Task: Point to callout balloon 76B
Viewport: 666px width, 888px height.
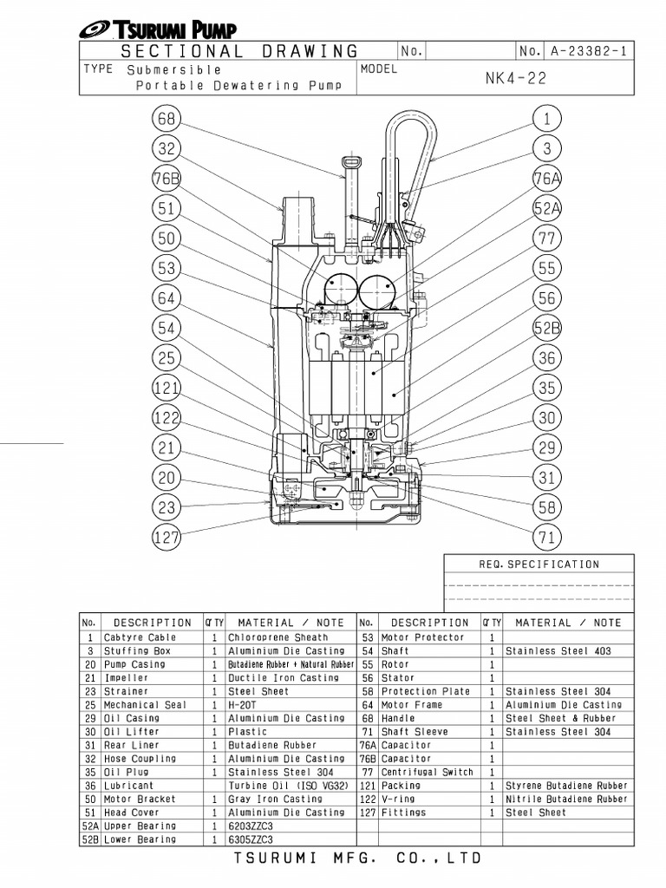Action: click(x=167, y=179)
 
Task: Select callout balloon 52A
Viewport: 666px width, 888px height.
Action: click(x=546, y=208)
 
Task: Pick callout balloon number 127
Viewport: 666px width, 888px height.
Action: click(x=167, y=536)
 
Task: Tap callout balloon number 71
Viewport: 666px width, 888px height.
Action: click(x=546, y=538)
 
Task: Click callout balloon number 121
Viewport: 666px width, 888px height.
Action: click(x=167, y=387)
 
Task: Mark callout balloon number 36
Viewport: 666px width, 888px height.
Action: click(x=546, y=358)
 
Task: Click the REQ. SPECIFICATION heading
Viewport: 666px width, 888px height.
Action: click(x=539, y=565)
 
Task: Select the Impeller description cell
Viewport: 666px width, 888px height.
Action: click(x=127, y=677)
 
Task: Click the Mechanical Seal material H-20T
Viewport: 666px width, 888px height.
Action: click(x=242, y=705)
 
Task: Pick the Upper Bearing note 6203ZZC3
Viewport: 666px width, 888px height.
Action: click(x=251, y=826)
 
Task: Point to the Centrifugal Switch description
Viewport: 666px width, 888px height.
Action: click(x=428, y=772)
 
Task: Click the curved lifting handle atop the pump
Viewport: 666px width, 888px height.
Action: click(x=408, y=139)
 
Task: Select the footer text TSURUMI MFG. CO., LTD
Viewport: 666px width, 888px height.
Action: click(x=356, y=859)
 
